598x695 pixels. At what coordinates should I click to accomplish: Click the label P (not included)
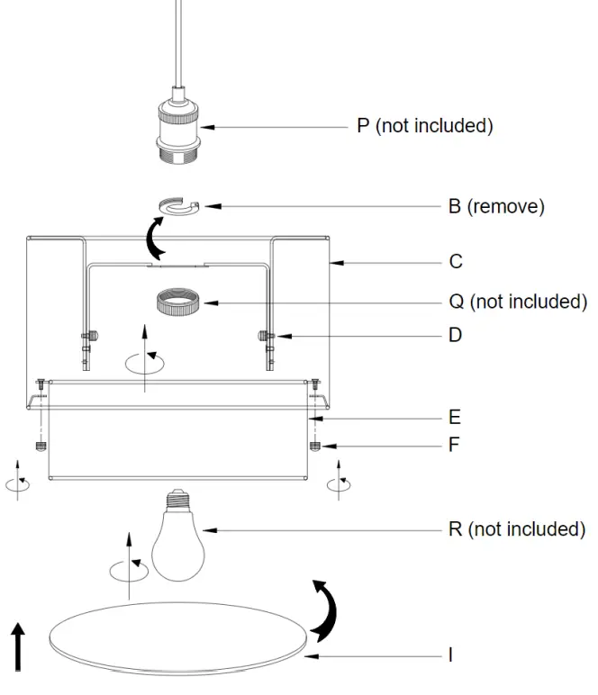[424, 126]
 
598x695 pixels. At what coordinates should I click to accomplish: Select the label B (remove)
[496, 206]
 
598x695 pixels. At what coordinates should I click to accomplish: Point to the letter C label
[456, 262]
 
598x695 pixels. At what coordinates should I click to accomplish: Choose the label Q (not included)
[517, 301]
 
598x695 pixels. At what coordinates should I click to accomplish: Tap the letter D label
[456, 335]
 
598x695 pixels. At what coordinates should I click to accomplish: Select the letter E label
[455, 417]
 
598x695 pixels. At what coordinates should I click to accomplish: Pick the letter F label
[455, 445]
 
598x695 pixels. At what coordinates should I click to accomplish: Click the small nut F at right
[315, 446]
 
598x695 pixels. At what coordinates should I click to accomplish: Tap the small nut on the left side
[40, 446]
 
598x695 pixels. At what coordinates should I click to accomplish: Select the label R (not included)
[516, 528]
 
